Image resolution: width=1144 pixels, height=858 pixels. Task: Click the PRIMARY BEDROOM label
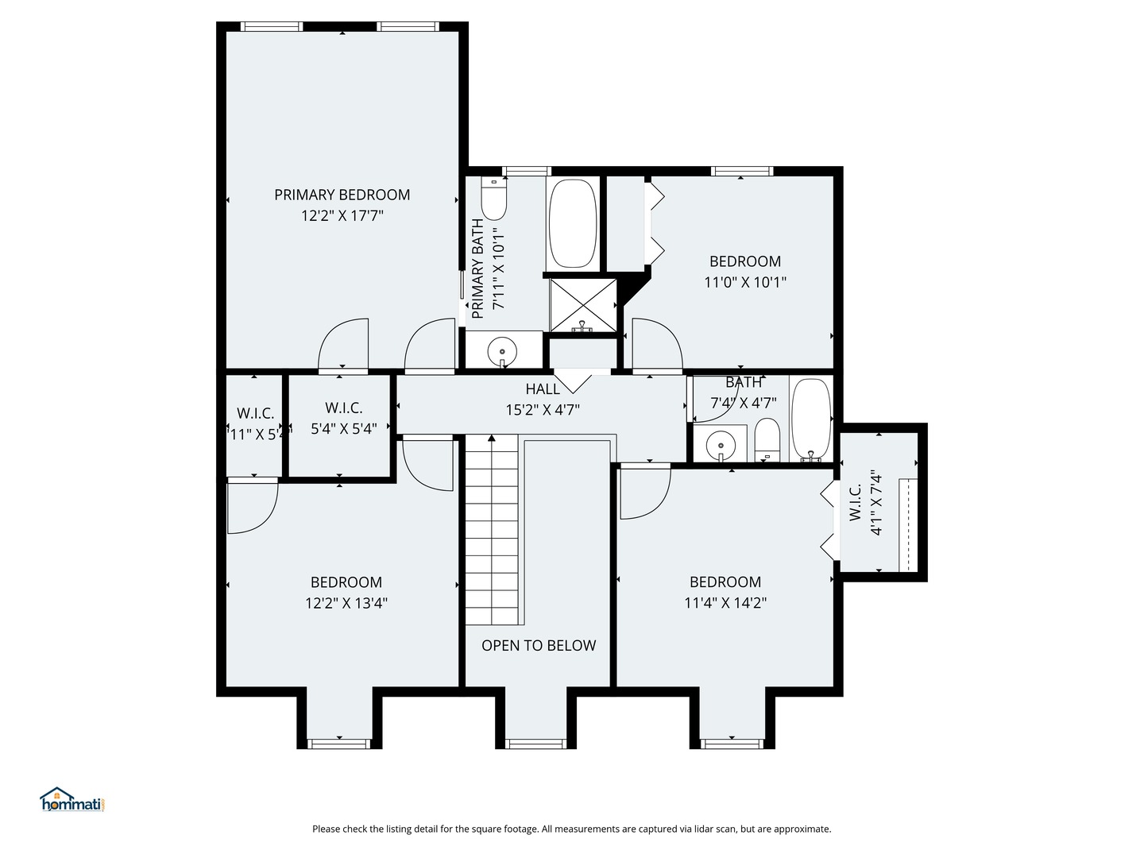(342, 195)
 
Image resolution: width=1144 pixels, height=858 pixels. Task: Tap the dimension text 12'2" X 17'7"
(342, 215)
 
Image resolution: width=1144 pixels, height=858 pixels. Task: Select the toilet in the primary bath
(493, 200)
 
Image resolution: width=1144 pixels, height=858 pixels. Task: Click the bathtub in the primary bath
(572, 223)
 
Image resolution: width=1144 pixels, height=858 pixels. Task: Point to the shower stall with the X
(583, 304)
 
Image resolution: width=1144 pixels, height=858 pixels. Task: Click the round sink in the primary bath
(502, 350)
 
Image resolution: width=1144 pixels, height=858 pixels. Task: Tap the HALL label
(543, 389)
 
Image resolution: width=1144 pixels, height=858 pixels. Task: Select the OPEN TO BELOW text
(539, 646)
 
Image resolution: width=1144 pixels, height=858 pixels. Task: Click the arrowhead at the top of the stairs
(492, 438)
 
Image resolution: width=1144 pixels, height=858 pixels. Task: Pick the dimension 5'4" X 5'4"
(343, 429)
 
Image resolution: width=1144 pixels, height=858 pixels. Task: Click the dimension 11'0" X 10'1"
(745, 282)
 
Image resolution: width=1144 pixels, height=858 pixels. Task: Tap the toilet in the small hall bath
(767, 439)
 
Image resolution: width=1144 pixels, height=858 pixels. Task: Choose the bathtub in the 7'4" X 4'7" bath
(811, 419)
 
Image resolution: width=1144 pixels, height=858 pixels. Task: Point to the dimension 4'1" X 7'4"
(877, 503)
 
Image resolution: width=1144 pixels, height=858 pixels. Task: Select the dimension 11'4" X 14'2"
(725, 603)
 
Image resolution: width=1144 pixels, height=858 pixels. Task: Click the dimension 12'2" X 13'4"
(346, 603)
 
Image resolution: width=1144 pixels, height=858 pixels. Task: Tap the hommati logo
(72, 800)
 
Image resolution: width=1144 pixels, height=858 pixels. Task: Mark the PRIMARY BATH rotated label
(477, 269)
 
